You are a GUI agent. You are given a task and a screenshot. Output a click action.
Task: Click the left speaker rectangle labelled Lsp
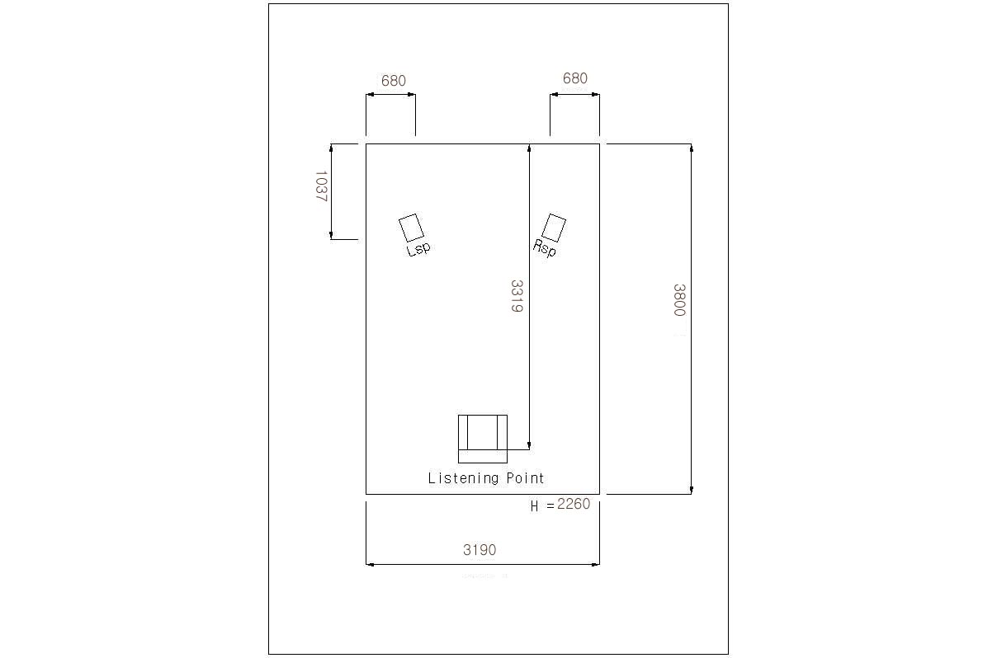[411, 228]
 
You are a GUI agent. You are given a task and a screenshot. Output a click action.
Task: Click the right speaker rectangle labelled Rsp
[554, 228]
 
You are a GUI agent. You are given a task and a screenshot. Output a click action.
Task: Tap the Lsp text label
[418, 249]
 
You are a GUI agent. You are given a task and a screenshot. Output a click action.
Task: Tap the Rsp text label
[545, 248]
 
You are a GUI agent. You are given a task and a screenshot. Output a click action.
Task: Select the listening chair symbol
[483, 439]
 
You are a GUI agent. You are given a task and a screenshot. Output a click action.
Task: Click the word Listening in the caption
[463, 478]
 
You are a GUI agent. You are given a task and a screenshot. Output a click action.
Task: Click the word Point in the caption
[525, 478]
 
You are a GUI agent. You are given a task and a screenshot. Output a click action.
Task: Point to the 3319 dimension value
[517, 296]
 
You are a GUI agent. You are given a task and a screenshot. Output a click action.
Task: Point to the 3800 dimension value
[679, 300]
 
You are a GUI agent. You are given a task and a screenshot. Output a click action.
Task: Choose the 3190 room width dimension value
[480, 550]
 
